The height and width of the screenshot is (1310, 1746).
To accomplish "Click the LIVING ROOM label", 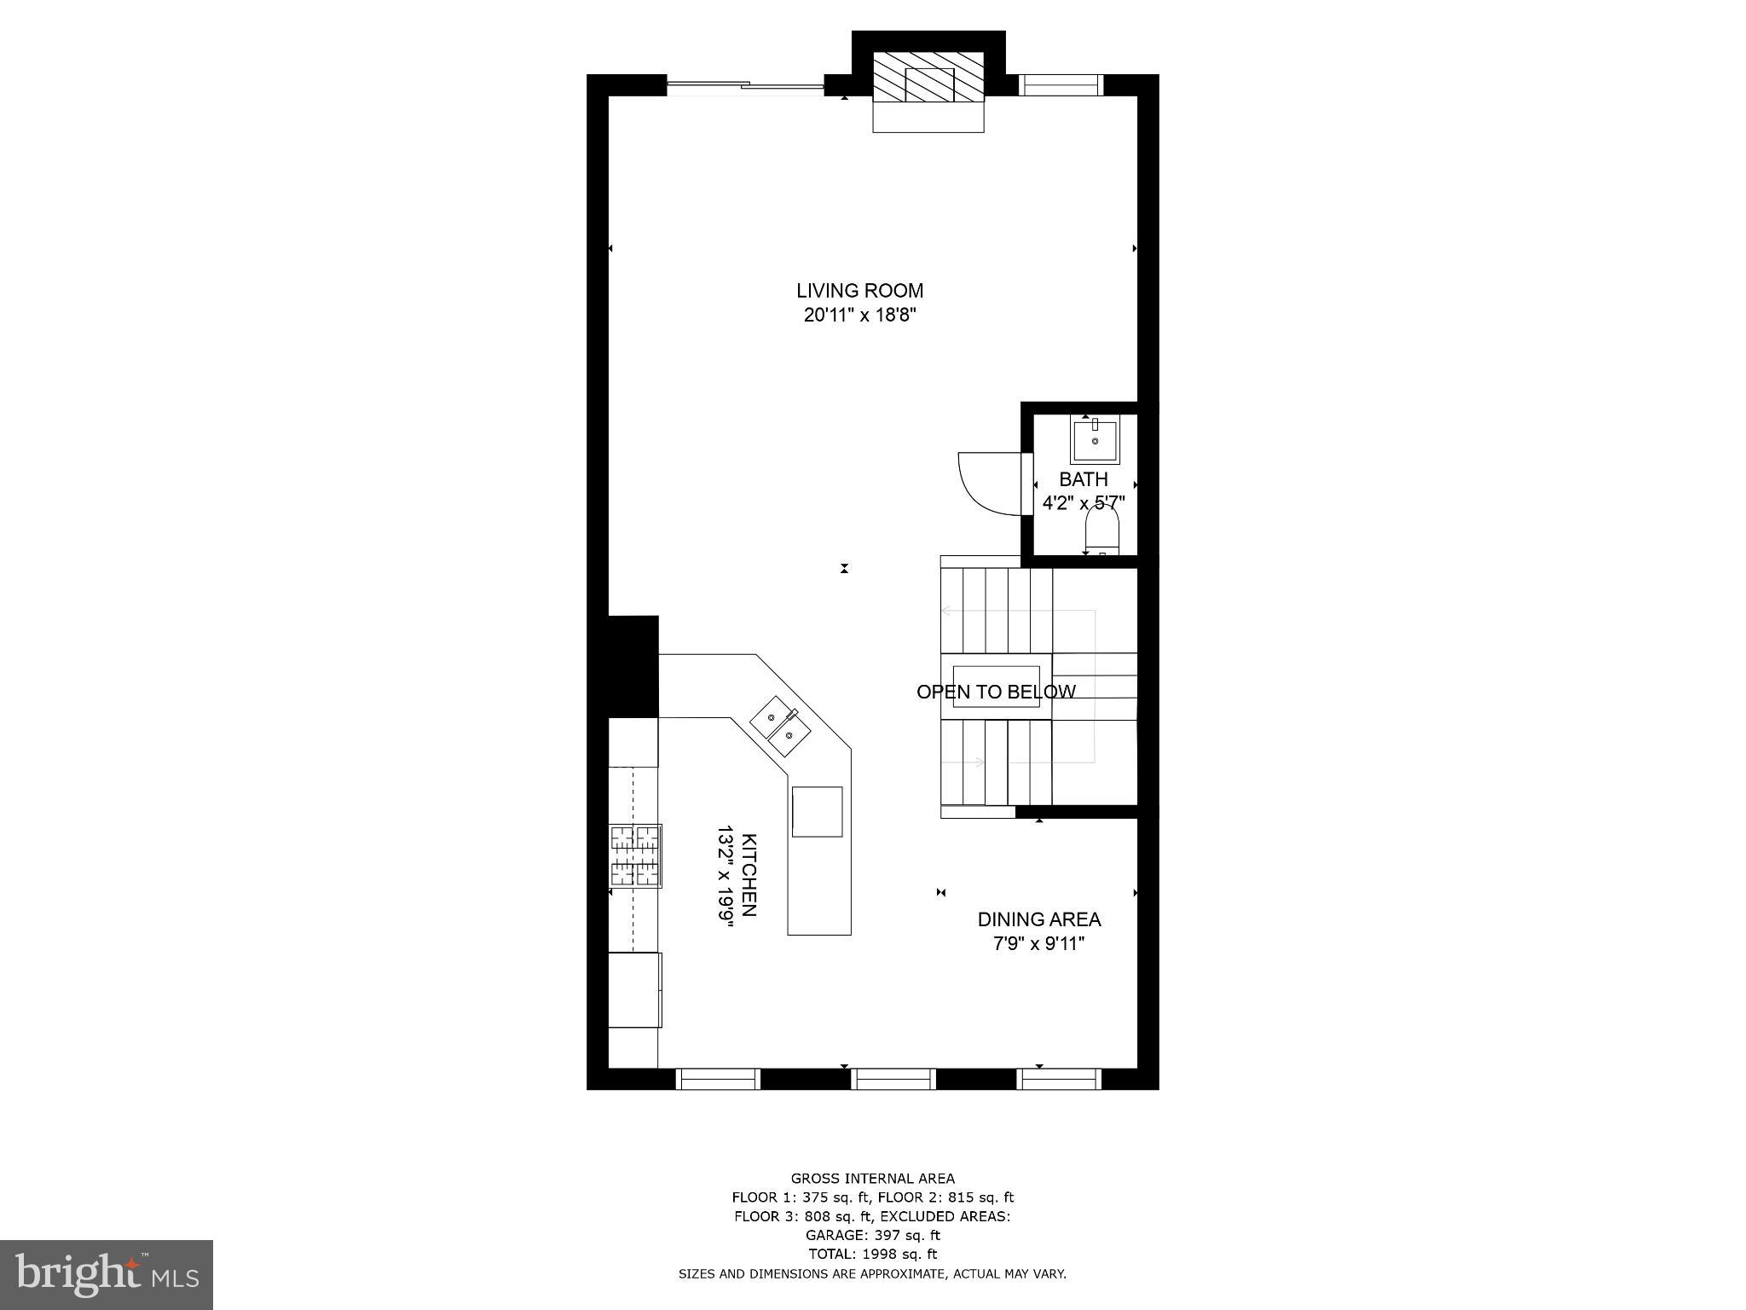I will (859, 291).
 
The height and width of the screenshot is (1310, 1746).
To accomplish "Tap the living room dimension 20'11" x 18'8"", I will (859, 316).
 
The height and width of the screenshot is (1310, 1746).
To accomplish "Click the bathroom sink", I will (1095, 440).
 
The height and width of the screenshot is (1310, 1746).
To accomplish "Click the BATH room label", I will (1084, 479).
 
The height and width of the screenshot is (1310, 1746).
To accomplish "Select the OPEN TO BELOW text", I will (996, 692).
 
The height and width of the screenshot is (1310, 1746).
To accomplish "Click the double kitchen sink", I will (780, 725).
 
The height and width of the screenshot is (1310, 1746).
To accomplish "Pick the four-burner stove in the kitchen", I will (635, 855).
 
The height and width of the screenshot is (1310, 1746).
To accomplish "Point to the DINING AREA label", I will (1038, 919).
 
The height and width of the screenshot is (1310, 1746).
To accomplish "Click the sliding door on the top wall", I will (745, 84).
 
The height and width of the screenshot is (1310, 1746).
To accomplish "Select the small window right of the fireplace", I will (1061, 85).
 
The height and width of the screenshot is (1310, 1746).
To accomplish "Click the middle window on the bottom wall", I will (894, 1079).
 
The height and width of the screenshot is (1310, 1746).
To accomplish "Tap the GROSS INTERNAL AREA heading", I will (872, 1179).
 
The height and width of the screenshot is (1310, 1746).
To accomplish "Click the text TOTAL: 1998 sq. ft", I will (872, 1254).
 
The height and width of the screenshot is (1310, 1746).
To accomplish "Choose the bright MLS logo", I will (107, 1274).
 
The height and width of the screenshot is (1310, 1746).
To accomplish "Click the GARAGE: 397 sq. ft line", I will (872, 1235).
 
